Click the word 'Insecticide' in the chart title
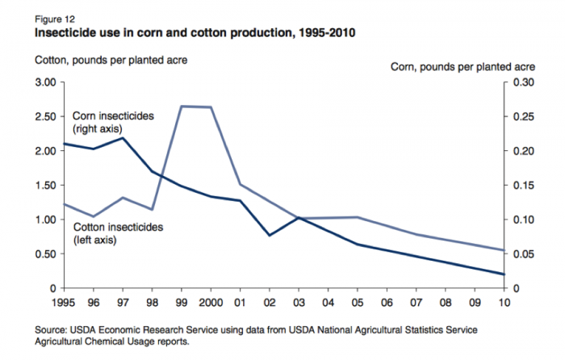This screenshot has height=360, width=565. click(x=61, y=34)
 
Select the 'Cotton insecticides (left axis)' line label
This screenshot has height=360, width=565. click(x=118, y=233)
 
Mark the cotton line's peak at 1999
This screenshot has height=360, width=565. click(x=181, y=106)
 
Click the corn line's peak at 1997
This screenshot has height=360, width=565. click(x=122, y=138)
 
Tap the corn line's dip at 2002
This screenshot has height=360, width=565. click(x=270, y=235)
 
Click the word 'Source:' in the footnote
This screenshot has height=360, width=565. click(x=52, y=331)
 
